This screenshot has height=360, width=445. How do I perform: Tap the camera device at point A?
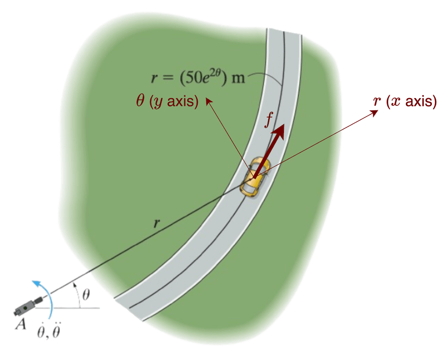(28, 308)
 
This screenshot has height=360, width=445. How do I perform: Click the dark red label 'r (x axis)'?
(405, 101)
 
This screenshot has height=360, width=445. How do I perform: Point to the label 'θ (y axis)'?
(167, 101)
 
